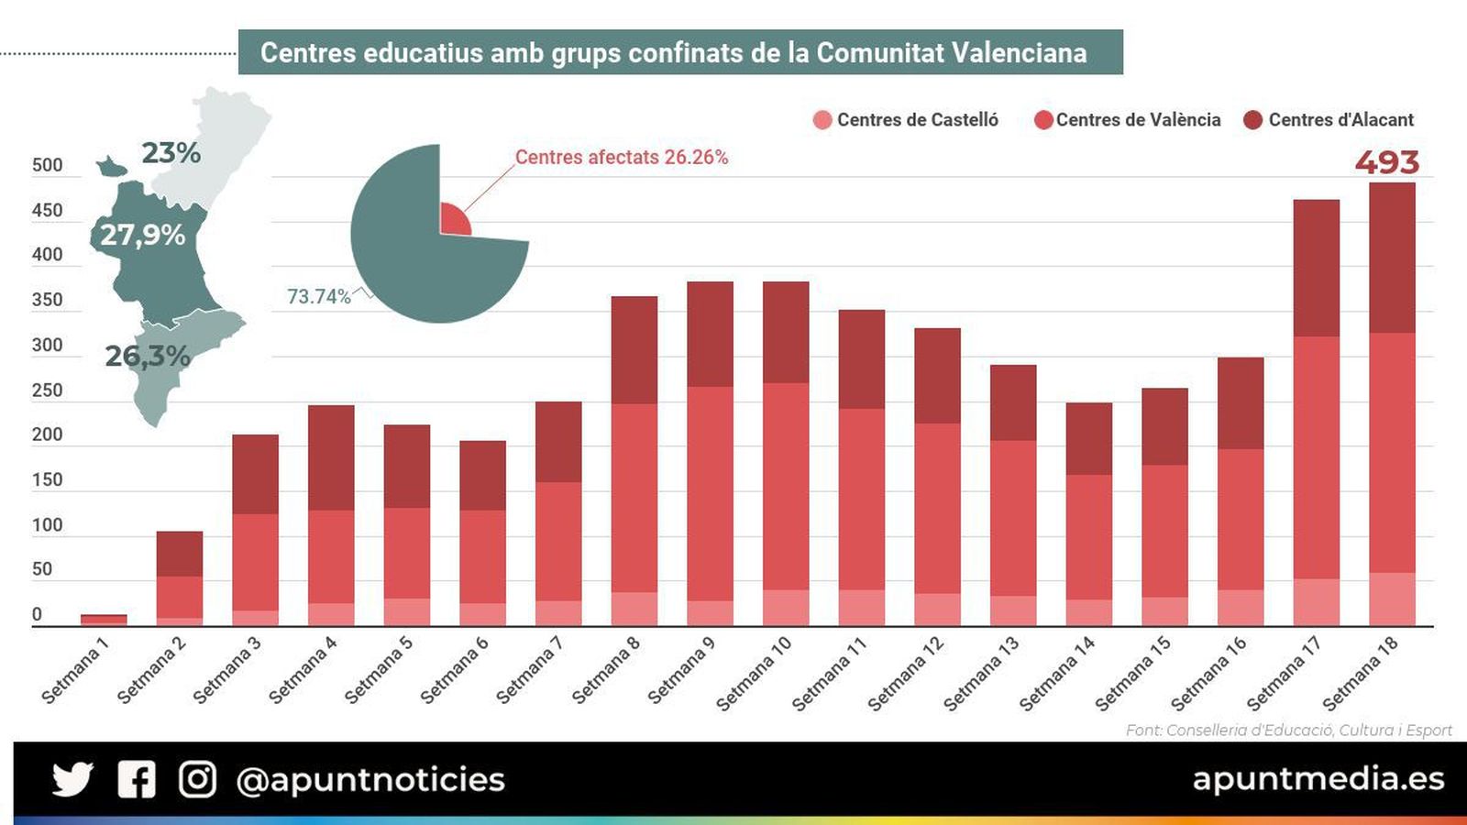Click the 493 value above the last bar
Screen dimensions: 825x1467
point(1386,162)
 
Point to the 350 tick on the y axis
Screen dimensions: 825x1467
point(47,300)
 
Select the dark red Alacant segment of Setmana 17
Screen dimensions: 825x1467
point(1316,268)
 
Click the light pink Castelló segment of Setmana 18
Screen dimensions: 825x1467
point(1392,599)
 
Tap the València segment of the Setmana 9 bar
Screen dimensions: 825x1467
point(710,493)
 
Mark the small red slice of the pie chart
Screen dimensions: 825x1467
point(453,221)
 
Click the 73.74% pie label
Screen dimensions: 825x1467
point(318,297)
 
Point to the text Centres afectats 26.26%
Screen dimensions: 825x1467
point(621,158)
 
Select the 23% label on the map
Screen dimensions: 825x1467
point(171,153)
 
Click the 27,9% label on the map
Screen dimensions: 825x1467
point(142,236)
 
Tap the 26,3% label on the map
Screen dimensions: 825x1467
point(147,356)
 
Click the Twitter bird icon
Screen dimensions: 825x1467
point(72,779)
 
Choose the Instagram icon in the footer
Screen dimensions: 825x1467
point(197,779)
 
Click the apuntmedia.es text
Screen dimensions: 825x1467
point(1318,779)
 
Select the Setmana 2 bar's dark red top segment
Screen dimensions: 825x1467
point(179,554)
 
